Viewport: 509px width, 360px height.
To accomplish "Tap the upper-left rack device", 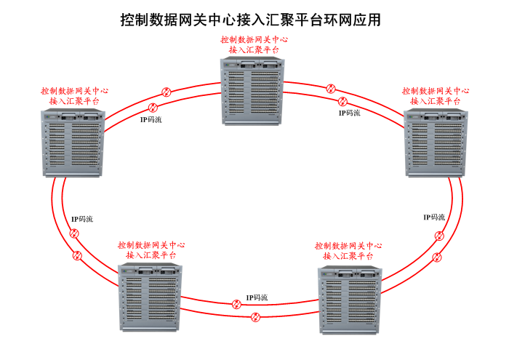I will click(74, 143).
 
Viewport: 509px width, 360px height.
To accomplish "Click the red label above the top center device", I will click(253, 45).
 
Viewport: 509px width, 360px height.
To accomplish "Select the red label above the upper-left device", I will click(75, 96).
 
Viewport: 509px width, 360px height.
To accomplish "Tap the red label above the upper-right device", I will click(436, 96).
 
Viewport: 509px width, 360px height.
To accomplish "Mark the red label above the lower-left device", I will click(151, 250).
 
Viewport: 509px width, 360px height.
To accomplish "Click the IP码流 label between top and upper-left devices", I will click(151, 119).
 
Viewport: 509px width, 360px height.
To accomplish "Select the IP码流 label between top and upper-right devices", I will click(349, 113).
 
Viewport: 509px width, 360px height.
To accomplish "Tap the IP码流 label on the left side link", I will click(82, 219).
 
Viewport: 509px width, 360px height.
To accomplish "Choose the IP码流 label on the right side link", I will click(434, 217).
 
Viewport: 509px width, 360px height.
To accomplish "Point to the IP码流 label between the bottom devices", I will click(257, 297).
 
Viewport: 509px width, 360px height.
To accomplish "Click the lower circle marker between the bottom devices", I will click(255, 316).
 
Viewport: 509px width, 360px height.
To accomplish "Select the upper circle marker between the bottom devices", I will click(236, 304).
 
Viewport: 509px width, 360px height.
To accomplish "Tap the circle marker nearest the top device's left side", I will click(166, 92).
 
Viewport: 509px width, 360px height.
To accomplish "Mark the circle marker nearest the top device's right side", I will click(331, 89).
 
